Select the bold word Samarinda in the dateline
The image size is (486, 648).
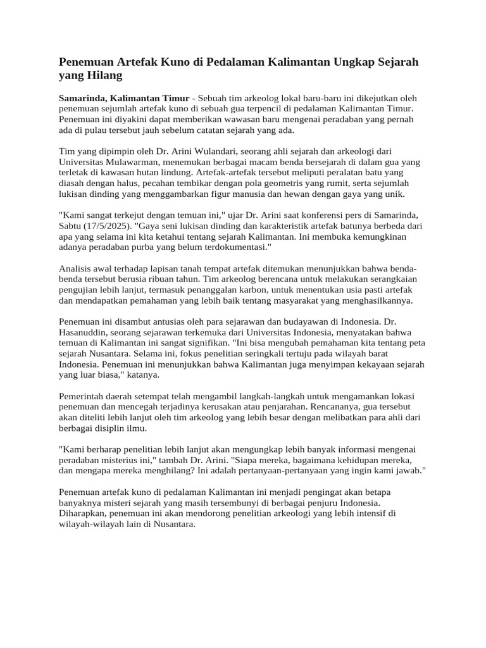pyautogui.click(x=84, y=99)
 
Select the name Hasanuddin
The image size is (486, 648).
pyautogui.click(x=85, y=333)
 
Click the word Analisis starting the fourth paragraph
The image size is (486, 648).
pyautogui.click(x=76, y=268)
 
